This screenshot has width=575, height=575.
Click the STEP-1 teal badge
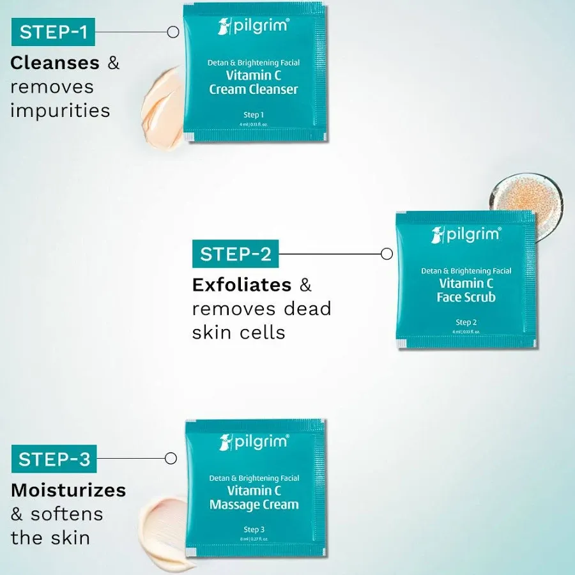[x=53, y=32]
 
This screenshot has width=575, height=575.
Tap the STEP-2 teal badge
[x=236, y=254]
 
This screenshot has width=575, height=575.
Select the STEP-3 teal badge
[x=54, y=459]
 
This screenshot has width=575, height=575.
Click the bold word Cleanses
[x=55, y=63]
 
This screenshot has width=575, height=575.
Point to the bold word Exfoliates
[x=241, y=284]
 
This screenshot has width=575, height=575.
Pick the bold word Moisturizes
[x=68, y=490]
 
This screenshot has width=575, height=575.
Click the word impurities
[x=60, y=110]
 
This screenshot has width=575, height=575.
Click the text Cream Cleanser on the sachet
[x=254, y=89]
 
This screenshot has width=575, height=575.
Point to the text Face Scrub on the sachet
[x=466, y=297]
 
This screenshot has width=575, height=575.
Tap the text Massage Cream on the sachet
[x=254, y=505]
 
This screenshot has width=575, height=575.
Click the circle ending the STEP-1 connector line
[x=172, y=31]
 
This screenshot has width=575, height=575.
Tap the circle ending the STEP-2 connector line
[x=387, y=254]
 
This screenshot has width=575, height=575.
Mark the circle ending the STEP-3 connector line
[x=171, y=458]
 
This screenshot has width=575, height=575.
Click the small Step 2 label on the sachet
[x=466, y=322]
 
